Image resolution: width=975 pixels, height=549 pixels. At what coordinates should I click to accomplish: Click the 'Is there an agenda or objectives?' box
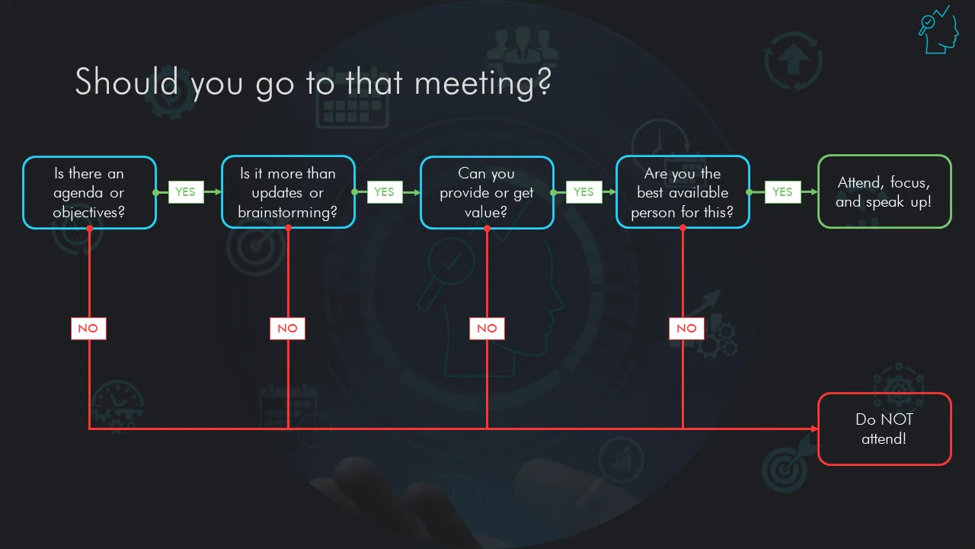(89, 192)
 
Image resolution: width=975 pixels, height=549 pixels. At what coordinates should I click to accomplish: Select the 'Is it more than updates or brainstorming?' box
(288, 191)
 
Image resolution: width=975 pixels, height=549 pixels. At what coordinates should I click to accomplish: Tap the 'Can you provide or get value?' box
(487, 192)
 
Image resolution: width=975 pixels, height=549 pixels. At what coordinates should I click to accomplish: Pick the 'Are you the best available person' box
(682, 191)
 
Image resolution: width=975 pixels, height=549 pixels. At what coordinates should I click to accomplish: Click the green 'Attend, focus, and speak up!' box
(884, 191)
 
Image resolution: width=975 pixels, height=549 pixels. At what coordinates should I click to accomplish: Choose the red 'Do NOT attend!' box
(884, 429)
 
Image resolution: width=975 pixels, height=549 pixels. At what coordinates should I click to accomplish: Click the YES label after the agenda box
(186, 191)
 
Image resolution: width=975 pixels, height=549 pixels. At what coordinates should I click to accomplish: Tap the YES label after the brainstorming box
(385, 191)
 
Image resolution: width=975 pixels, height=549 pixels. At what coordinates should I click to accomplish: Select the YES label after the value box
(584, 191)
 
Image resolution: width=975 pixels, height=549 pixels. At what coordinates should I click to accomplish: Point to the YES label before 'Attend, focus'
(782, 191)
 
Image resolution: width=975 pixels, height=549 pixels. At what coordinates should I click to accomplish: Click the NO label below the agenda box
(88, 328)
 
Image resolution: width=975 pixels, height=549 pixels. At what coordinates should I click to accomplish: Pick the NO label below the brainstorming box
(287, 328)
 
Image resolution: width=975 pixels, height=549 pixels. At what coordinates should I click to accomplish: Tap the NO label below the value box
(487, 328)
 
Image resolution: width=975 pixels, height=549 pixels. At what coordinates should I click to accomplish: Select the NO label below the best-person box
(686, 328)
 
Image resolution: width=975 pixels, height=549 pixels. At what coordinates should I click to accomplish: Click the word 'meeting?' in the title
(483, 83)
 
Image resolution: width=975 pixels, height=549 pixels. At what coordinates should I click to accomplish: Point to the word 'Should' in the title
(126, 81)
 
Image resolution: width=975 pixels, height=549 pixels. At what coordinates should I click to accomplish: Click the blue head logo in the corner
(938, 30)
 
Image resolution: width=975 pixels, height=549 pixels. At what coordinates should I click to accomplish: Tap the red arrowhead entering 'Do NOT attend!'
(814, 429)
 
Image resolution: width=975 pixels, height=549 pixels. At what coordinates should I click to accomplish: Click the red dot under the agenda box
(89, 228)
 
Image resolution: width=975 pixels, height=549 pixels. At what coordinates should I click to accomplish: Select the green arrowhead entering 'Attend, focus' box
(814, 191)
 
